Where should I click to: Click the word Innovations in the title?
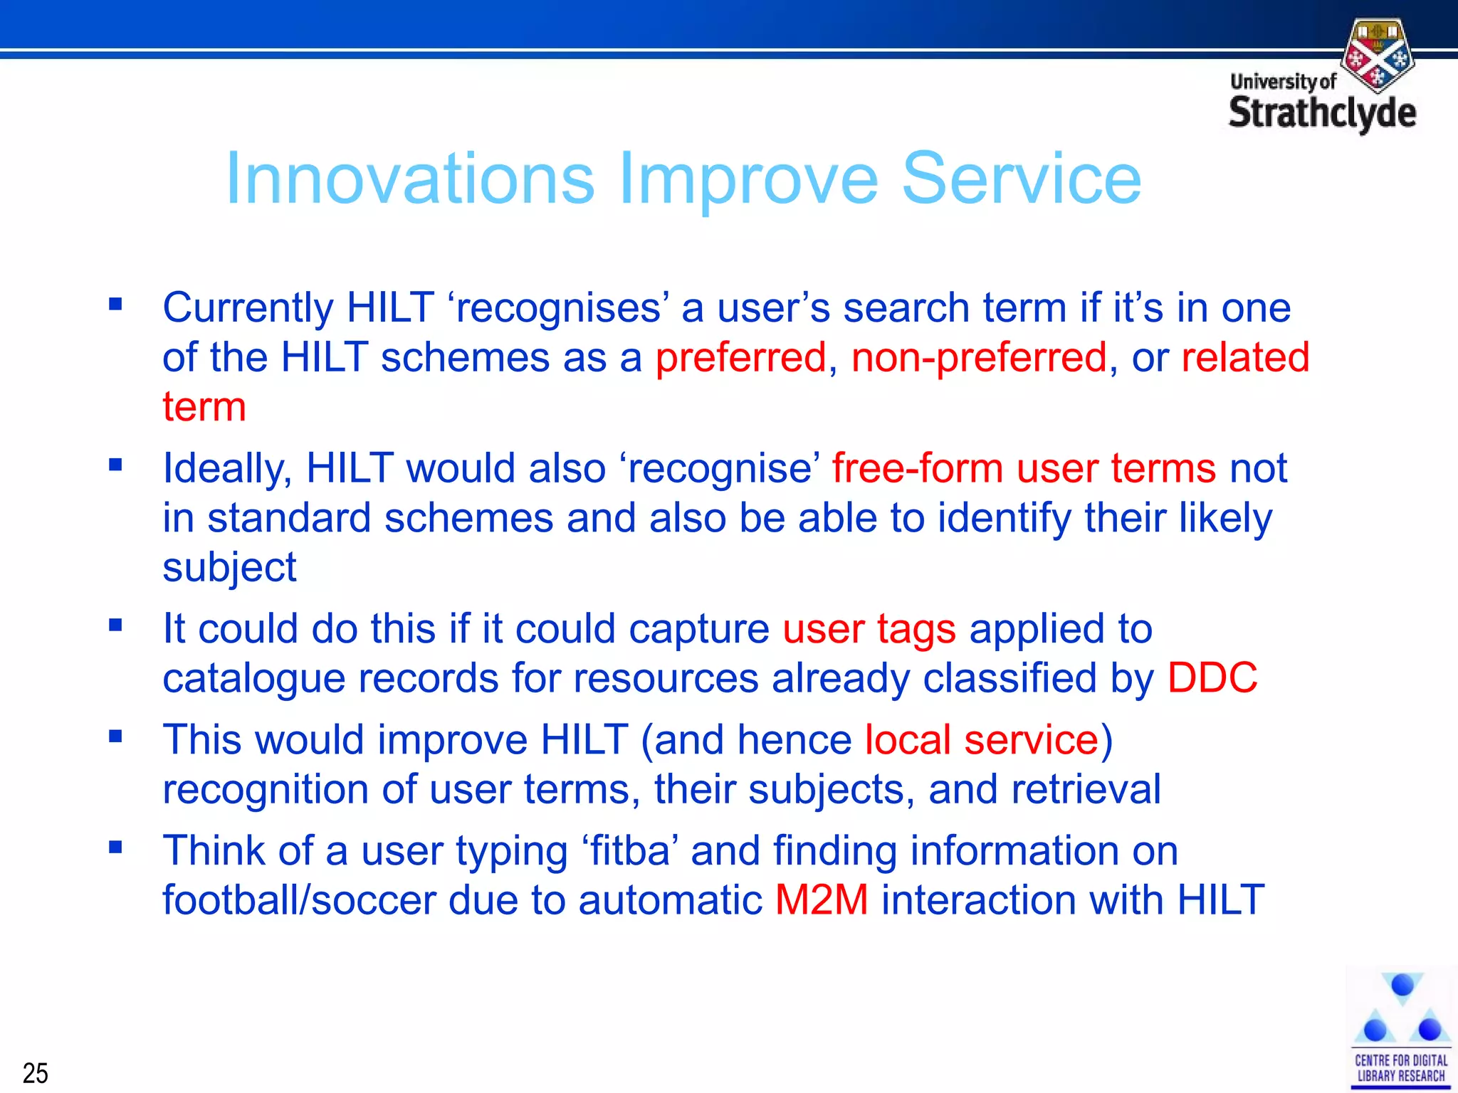409,179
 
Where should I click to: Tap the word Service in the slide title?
1021,179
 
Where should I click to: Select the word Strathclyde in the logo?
1322,114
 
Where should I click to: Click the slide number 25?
35,1072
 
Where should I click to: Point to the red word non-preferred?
979,357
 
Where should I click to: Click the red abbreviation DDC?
1212,677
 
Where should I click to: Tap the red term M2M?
822,899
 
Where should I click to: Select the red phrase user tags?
869,629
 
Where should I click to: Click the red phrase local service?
982,740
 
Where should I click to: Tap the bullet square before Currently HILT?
115,305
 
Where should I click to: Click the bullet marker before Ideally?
115,465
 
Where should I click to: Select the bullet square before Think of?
115,848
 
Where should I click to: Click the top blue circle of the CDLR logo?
1402,986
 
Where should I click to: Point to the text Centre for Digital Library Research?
1400,1068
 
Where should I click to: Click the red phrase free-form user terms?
1024,468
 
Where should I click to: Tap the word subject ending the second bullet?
229,568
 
